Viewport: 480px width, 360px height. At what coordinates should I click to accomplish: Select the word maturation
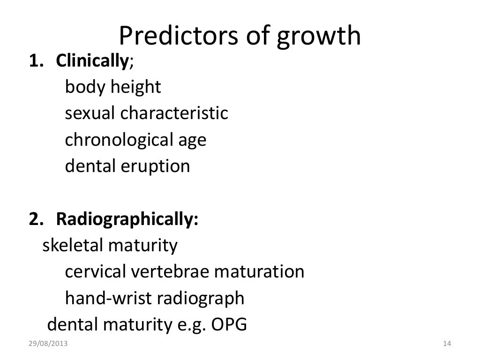click(x=259, y=272)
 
